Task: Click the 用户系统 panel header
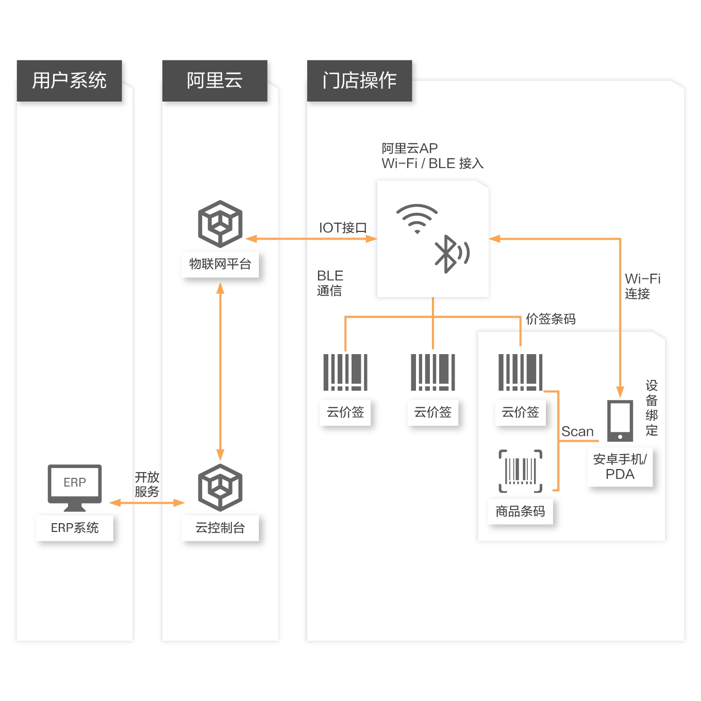pyautogui.click(x=70, y=80)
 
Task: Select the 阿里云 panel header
pyautogui.click(x=214, y=80)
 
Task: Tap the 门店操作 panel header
pyautogui.click(x=359, y=80)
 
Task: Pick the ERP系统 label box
pyautogui.click(x=75, y=527)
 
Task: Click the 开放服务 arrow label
pyautogui.click(x=147, y=485)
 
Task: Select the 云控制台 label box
pyautogui.click(x=220, y=527)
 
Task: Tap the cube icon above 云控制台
pyautogui.click(x=220, y=487)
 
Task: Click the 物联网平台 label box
pyautogui.click(x=220, y=264)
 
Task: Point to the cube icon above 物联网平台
pyautogui.click(x=220, y=224)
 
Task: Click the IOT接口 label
pyautogui.click(x=343, y=228)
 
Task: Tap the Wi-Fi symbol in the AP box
pyautogui.click(x=417, y=218)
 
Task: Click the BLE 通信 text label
pyautogui.click(x=330, y=283)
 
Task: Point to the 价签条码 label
pyautogui.click(x=550, y=319)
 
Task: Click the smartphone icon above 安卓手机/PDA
pyautogui.click(x=620, y=421)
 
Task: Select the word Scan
pyautogui.click(x=577, y=431)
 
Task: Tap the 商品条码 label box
pyautogui.click(x=520, y=511)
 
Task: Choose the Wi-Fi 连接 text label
pyautogui.click(x=642, y=286)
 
